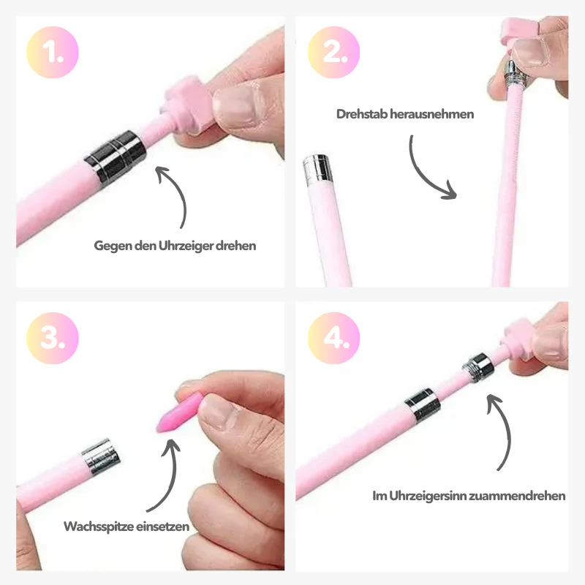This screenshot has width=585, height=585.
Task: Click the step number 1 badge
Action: [x=53, y=52]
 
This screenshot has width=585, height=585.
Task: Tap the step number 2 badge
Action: [x=334, y=52]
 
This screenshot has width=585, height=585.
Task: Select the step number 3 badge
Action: [x=53, y=338]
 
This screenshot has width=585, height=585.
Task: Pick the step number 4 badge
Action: [x=334, y=338]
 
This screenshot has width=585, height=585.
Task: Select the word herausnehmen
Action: [x=431, y=114]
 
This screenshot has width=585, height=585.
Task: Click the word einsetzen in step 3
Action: [x=162, y=526]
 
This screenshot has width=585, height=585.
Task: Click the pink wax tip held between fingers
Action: [x=179, y=412]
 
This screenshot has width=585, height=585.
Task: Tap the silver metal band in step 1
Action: [x=115, y=156]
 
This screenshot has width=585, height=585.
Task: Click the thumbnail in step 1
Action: [x=236, y=106]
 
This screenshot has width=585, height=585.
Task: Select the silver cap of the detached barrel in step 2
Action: [x=318, y=169]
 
